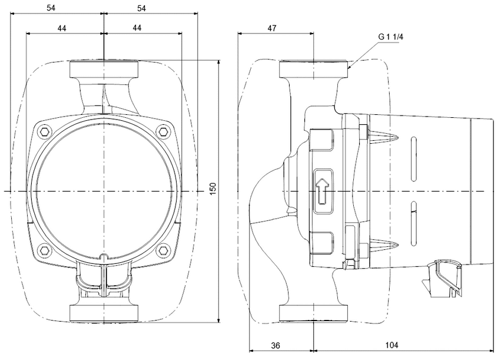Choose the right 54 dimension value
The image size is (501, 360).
tap(142, 8)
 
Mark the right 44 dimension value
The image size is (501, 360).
tap(137, 27)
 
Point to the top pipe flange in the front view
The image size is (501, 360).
tap(104, 69)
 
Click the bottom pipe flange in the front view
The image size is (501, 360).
tap(104, 313)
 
